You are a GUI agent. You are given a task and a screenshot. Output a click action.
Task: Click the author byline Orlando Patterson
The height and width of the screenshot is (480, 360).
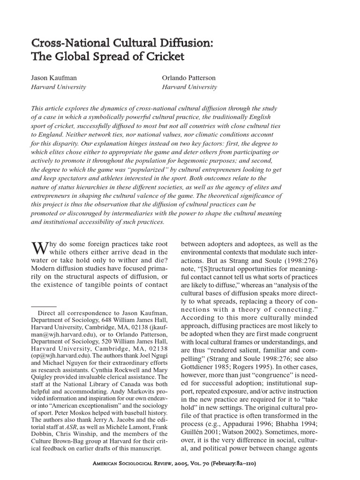[x=188, y=78]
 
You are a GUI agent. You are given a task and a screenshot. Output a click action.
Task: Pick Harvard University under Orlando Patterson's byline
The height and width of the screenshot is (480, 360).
[x=189, y=87]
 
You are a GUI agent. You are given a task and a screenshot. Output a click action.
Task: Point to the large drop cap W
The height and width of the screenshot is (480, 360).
[x=38, y=249]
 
